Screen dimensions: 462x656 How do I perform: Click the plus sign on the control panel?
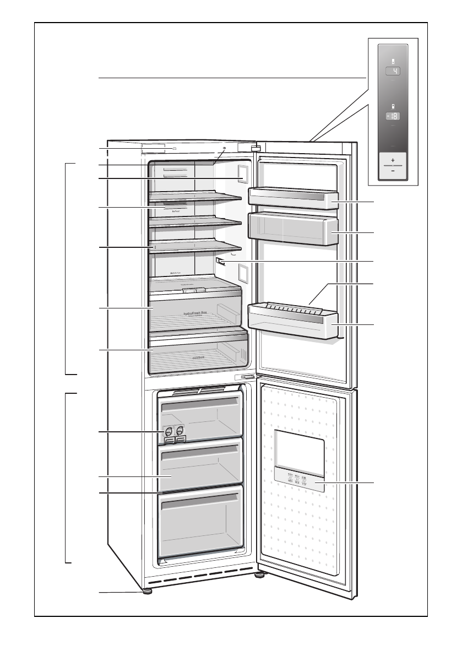393,159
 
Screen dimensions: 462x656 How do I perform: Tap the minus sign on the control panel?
393,170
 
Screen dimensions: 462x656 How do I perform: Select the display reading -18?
393,116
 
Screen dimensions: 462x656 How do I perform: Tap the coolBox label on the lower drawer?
199,357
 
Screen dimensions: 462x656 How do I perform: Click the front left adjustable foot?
147,592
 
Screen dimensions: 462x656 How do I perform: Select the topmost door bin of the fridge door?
293,198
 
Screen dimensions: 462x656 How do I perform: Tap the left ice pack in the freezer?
168,433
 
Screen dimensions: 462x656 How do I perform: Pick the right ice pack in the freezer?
180,433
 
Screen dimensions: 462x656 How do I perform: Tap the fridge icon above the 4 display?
393,61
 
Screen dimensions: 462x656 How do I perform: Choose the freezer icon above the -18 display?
393,105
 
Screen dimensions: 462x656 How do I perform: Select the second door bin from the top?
293,229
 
